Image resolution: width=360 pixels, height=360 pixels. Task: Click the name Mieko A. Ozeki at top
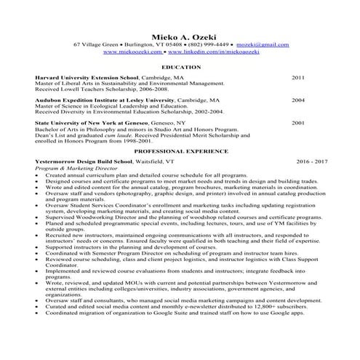[x=180, y=36]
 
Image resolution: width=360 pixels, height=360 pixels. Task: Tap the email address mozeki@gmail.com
[x=260, y=45]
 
